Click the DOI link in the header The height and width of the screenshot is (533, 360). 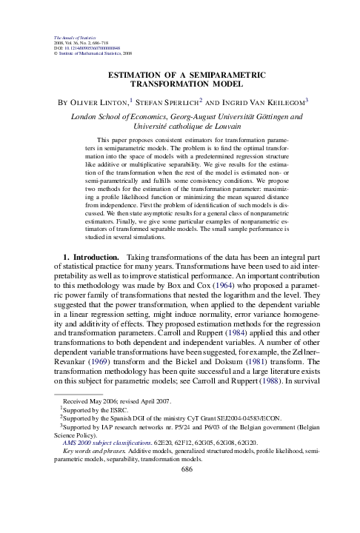coord(87,49)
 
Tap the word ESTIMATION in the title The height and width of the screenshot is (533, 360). coord(138,76)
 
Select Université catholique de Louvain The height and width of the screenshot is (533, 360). coord(179,127)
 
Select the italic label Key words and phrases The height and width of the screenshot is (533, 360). coord(92,472)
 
